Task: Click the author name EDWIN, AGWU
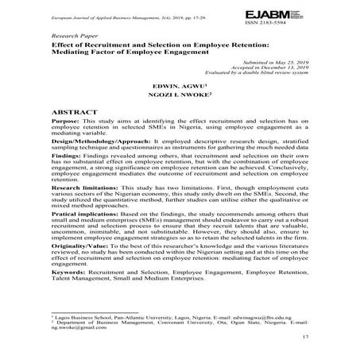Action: click(x=181, y=83)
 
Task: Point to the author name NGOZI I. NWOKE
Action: click(x=181, y=95)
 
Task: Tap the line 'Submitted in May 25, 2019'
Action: click(x=273, y=61)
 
